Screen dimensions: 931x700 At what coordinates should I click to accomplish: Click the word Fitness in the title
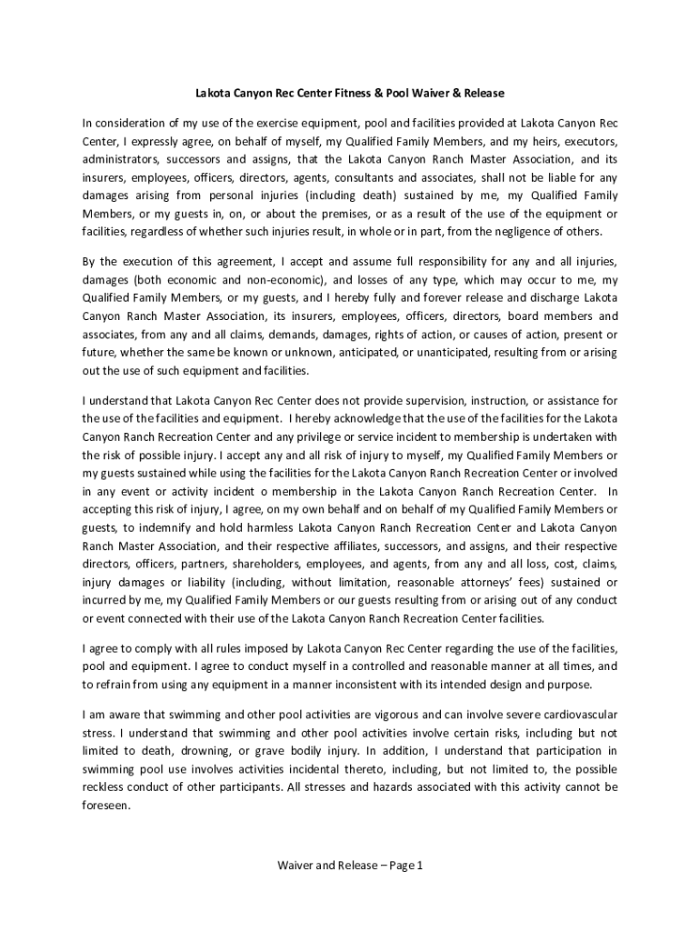click(335, 93)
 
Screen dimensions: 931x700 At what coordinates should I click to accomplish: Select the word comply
click(149, 648)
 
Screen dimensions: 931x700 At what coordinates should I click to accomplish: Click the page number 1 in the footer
click(421, 866)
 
